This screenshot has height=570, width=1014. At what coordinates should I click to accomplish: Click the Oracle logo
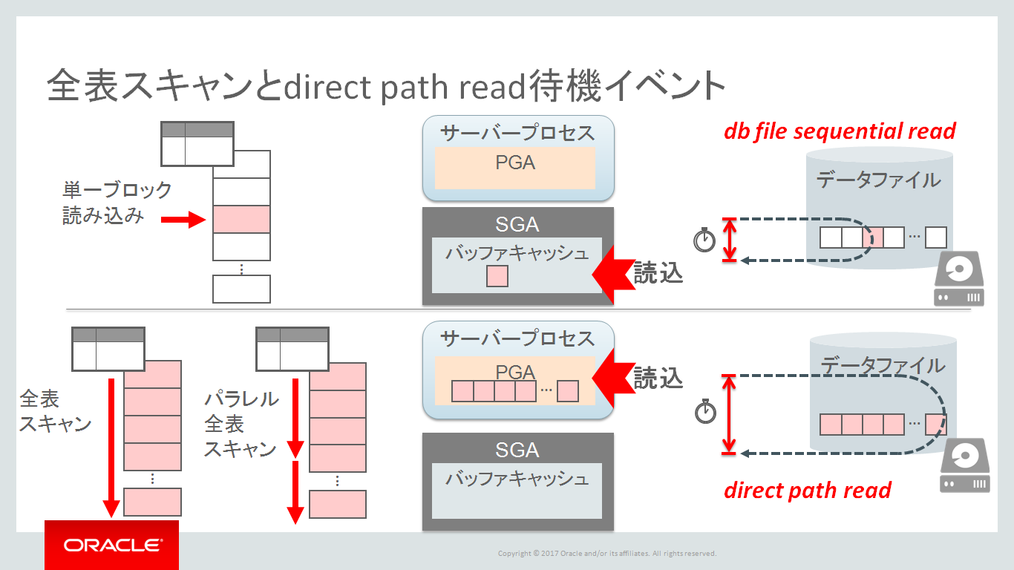point(111,546)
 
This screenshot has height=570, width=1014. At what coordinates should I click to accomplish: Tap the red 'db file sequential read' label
point(839,131)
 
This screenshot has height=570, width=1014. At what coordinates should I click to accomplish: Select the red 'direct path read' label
point(807,491)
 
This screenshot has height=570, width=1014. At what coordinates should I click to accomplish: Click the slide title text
point(386,86)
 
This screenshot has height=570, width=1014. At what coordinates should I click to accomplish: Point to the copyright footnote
point(606,553)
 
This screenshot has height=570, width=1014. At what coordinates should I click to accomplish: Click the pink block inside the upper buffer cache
point(497,277)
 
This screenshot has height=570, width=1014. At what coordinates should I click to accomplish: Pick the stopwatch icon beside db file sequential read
point(704,240)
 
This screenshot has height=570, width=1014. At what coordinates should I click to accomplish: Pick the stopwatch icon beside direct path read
point(705,412)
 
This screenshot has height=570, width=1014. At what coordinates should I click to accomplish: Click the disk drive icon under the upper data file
point(958,280)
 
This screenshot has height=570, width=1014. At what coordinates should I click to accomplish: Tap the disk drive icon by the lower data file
point(965,465)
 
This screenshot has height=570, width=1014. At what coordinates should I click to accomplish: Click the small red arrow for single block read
point(183,220)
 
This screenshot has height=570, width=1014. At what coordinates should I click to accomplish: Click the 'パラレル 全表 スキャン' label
point(241,424)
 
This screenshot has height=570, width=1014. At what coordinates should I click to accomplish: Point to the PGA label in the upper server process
point(515,163)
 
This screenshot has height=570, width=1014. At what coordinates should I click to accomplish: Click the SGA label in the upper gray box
point(517,223)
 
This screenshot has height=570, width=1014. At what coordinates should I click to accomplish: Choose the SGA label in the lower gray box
point(517,450)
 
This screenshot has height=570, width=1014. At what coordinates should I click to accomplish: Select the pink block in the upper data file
point(873,238)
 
